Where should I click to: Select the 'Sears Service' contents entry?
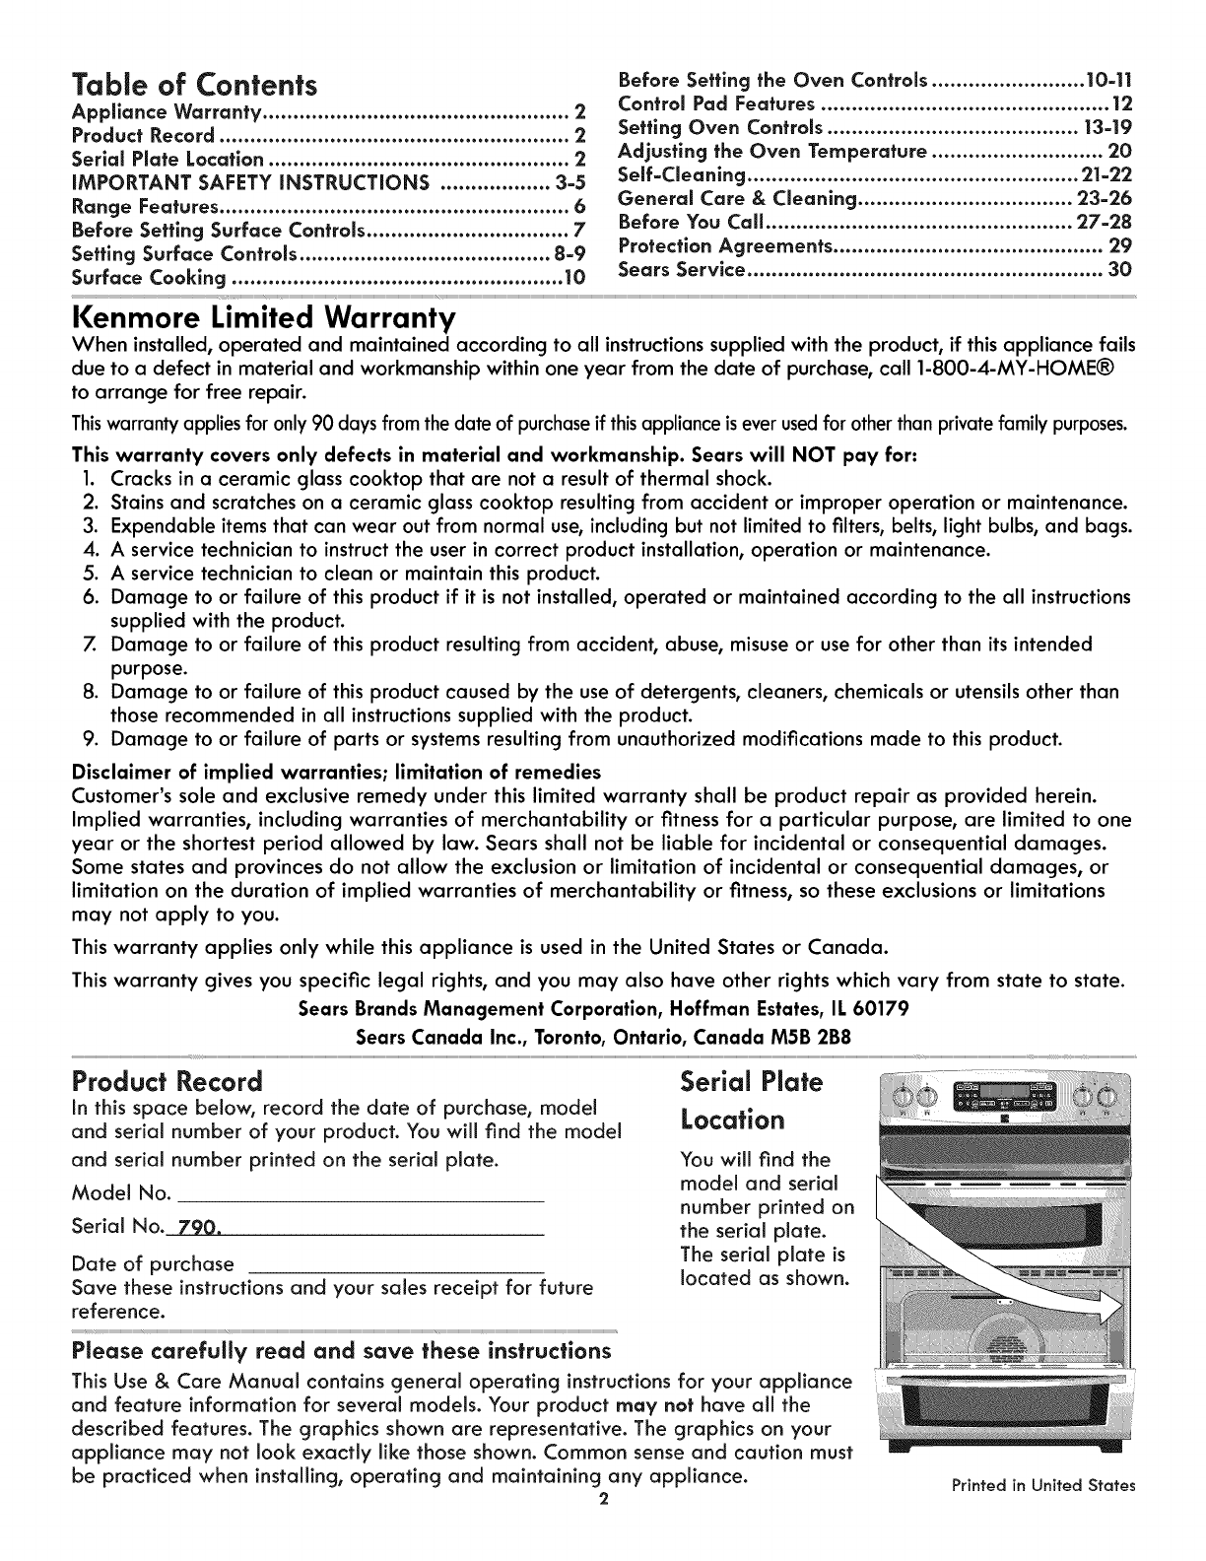click(x=679, y=270)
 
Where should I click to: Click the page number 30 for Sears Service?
click(x=1119, y=270)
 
